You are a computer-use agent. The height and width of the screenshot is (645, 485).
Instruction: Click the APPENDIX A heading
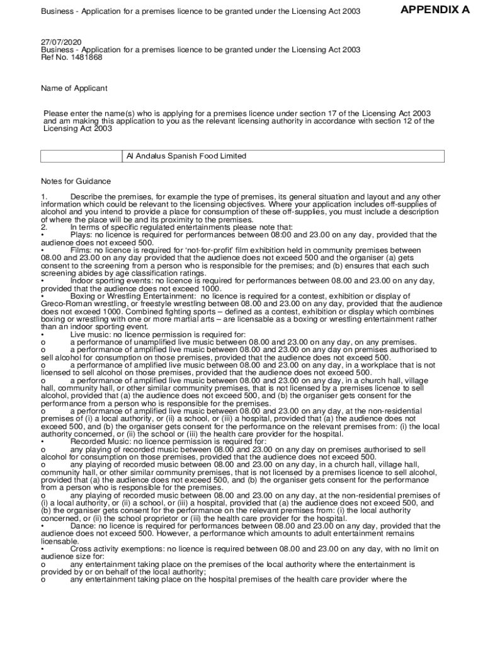click(435, 10)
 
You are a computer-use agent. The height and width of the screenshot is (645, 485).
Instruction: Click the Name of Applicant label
click(74, 88)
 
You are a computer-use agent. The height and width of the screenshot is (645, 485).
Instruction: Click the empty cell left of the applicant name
click(81, 156)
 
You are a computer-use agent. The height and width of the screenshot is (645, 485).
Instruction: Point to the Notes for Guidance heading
click(76, 181)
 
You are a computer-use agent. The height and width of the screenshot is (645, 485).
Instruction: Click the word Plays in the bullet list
click(81, 235)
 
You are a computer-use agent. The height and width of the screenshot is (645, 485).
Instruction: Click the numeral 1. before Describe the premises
click(44, 197)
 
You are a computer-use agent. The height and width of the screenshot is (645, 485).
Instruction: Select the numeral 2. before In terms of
click(44, 227)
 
